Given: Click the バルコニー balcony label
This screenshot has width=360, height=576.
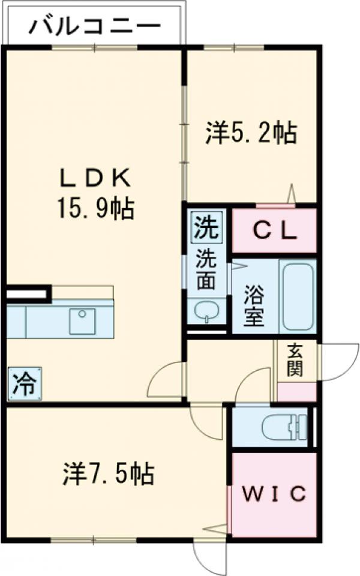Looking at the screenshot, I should tap(95, 26).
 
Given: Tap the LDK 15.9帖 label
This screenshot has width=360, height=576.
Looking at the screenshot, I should tap(95, 193).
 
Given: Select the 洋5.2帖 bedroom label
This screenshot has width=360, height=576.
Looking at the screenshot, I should tap(251, 133).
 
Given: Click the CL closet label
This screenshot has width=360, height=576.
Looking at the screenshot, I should tap(273, 232).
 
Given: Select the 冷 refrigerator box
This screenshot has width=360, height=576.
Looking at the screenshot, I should tap(25, 382).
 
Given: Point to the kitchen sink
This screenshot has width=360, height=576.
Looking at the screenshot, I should tap(82, 322).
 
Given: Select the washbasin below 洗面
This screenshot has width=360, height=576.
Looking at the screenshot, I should tap(206, 310).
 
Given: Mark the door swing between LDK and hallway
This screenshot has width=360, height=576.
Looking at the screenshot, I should tap(167, 380).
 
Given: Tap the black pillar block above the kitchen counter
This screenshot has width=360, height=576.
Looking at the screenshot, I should tap(27, 294).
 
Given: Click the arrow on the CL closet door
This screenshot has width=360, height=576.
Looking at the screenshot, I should tap(290, 194).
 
